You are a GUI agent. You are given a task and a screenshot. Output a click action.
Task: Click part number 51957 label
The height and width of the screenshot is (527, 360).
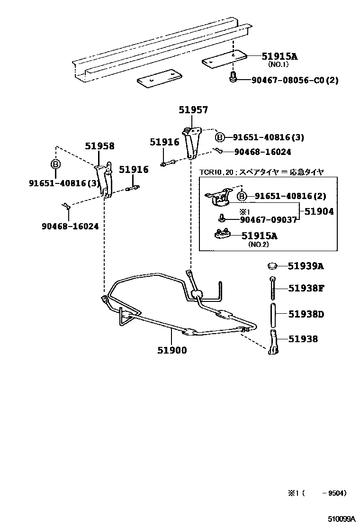pos(193,110)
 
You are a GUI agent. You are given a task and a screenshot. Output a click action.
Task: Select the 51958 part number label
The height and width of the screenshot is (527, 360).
pos(99,146)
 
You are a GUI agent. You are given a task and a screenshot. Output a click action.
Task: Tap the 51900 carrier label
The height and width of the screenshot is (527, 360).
pos(172,350)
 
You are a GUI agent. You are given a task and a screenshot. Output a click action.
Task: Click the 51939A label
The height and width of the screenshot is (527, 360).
pos(306,266)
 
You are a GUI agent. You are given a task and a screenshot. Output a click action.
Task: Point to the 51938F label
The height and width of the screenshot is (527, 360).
pos(306,288)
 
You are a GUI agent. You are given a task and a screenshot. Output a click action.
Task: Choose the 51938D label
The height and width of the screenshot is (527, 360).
pos(306,314)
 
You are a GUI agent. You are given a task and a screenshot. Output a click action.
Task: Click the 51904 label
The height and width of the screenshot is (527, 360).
pos(319,212)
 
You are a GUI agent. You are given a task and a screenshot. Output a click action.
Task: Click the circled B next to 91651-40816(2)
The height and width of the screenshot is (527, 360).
pos(242,196)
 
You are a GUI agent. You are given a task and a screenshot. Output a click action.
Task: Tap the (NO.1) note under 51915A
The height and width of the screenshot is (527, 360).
pos(279,64)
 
